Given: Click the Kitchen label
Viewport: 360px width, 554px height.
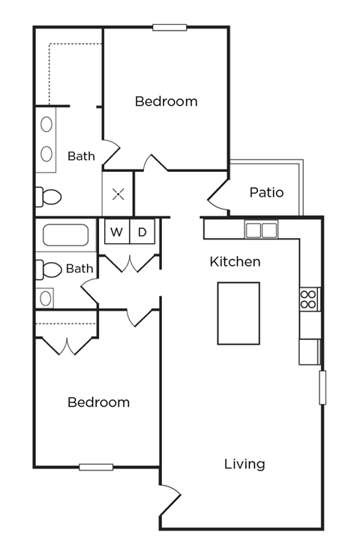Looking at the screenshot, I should [x=235, y=262].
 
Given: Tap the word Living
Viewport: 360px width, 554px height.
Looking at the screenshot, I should [x=244, y=464].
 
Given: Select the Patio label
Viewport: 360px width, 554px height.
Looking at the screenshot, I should [x=266, y=192].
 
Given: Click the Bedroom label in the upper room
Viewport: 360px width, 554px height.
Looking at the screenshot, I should [x=166, y=101].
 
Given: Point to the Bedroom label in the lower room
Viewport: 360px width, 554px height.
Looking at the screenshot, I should [x=98, y=402].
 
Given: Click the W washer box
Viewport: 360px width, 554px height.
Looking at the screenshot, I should [x=116, y=232].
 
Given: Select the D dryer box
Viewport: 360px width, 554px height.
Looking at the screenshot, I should [x=142, y=232].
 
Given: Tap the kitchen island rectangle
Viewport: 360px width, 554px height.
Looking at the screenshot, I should [x=238, y=313].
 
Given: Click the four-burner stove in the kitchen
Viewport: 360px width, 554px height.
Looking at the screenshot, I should [x=308, y=300].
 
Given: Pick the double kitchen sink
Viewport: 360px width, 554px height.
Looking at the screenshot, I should [x=261, y=230].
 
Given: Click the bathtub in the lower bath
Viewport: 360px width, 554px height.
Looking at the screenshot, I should [x=65, y=236].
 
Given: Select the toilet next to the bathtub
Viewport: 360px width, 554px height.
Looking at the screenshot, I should [x=49, y=269].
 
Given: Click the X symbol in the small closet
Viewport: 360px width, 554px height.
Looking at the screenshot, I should [x=118, y=195].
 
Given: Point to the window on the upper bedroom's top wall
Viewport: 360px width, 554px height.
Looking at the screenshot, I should [x=169, y=28].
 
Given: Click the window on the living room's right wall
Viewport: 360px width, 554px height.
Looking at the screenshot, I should [x=322, y=387].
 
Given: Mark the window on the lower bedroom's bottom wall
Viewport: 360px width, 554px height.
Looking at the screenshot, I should [x=96, y=467].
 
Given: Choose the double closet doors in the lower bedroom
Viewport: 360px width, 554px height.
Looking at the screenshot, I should [x=67, y=345].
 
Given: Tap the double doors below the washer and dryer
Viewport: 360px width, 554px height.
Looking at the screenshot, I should [x=130, y=263].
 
